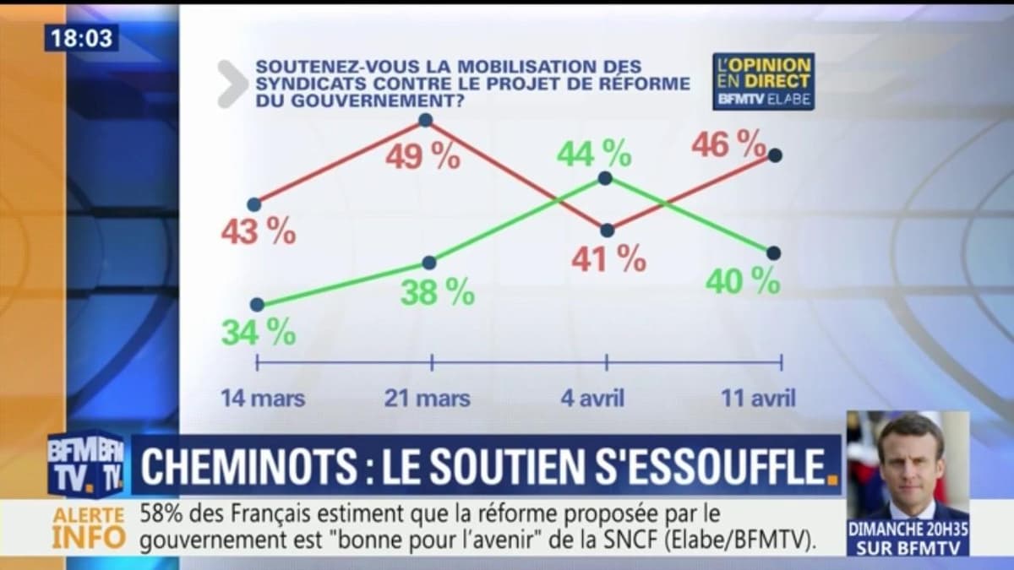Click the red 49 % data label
pos(422,156)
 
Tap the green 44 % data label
pos(593,154)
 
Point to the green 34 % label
pos(259,332)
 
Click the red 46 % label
pos(728,145)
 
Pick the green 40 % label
pos(743,281)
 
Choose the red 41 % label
pos(608,259)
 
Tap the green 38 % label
pos(437,292)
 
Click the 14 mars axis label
pos(263,398)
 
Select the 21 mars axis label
pos(427,398)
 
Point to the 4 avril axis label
pos(592,398)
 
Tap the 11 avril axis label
pos(757,398)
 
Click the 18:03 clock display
pos(81,38)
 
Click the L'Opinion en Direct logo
pos(763,81)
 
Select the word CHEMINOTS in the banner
pos(241,467)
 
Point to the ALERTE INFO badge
pos(88,527)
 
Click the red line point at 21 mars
pos(426,121)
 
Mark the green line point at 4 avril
pos(605,177)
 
